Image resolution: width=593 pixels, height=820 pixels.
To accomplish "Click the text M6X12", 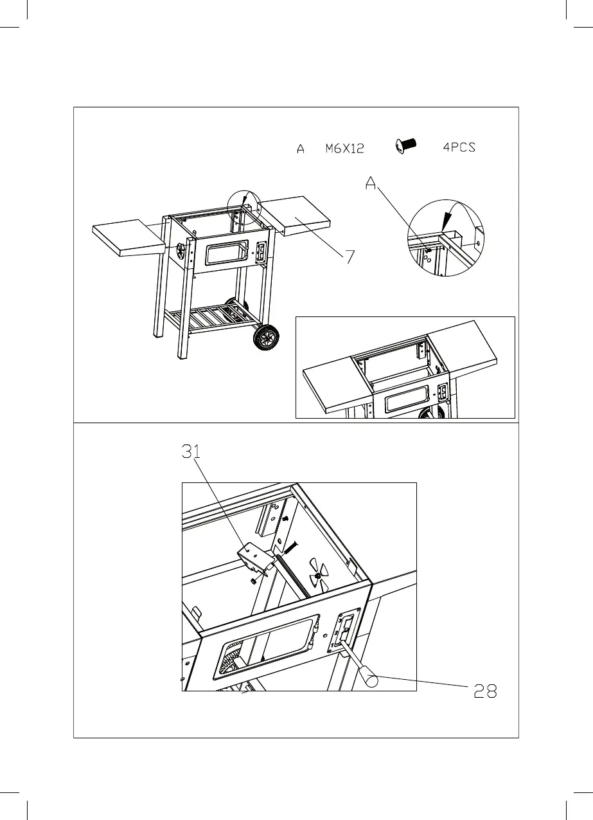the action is coord(344,149).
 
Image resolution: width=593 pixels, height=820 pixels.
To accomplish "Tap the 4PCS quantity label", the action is coord(459,147).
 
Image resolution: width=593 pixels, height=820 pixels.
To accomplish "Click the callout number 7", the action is coord(350,257).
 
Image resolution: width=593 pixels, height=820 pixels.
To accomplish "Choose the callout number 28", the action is coord(486,691).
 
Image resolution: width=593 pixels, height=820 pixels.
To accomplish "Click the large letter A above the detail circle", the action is coord(371,183).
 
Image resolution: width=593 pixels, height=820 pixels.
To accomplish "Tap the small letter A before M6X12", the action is coord(300,149).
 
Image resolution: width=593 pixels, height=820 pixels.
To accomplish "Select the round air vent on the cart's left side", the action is coord(182,248).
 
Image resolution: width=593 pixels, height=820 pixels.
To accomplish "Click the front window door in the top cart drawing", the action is coord(225,252).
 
